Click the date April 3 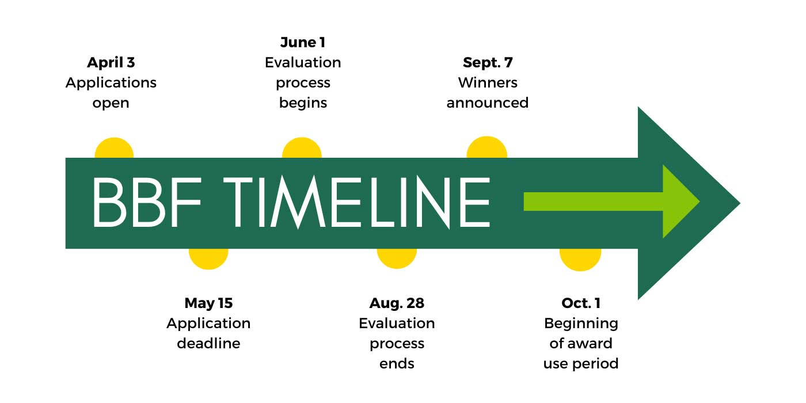tap(111, 62)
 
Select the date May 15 tap(208, 303)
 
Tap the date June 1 tap(303, 42)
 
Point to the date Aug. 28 tap(397, 303)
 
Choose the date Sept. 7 tap(488, 62)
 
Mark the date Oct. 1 tap(581, 303)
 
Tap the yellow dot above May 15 tap(208, 258)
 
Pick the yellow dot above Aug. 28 tap(397, 258)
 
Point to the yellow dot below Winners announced tap(487, 148)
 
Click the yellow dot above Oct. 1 tap(580, 260)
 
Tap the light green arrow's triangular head tap(679, 201)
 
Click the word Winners tap(488, 82)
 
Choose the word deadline tap(208, 343)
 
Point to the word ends tap(397, 364)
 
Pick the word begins tap(303, 103)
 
